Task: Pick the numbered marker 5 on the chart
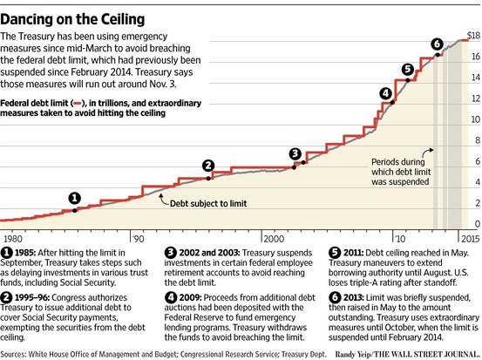[x=407, y=69]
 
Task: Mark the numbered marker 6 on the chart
[x=437, y=44]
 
